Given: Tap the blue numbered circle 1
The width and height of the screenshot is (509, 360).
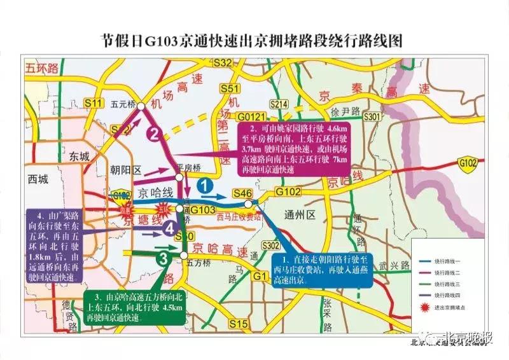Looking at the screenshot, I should tap(204, 186).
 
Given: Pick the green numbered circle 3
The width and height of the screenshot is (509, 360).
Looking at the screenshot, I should tap(164, 258).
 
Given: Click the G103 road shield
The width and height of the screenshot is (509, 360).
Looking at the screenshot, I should tap(203, 209).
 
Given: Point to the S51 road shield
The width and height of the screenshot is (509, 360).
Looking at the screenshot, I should tap(233, 89).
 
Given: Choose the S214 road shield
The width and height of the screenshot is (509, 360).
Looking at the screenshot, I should tap(279, 103).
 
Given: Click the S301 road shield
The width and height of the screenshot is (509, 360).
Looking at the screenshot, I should tap(372, 116).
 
